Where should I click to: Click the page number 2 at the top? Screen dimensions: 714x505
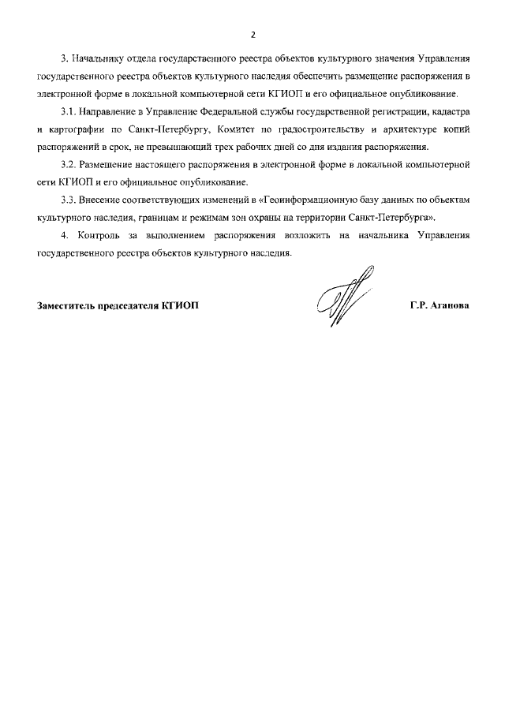tap(252, 35)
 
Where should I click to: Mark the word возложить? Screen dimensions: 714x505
tap(287, 235)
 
